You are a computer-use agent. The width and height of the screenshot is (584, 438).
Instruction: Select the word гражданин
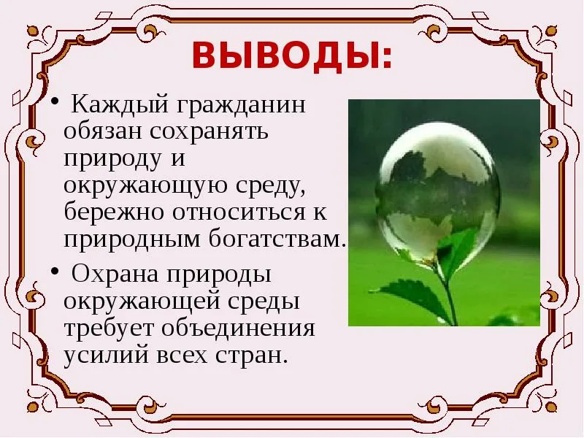[x=241, y=106]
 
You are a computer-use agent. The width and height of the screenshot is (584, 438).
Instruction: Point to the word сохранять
[x=209, y=131]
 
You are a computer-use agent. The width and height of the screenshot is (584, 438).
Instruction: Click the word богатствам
[x=275, y=239]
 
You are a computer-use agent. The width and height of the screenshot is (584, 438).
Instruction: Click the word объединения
[x=239, y=328]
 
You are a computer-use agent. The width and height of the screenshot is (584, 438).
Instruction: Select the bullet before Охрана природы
[x=55, y=271]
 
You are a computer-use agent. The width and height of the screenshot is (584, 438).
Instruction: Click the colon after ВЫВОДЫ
[x=387, y=58]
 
